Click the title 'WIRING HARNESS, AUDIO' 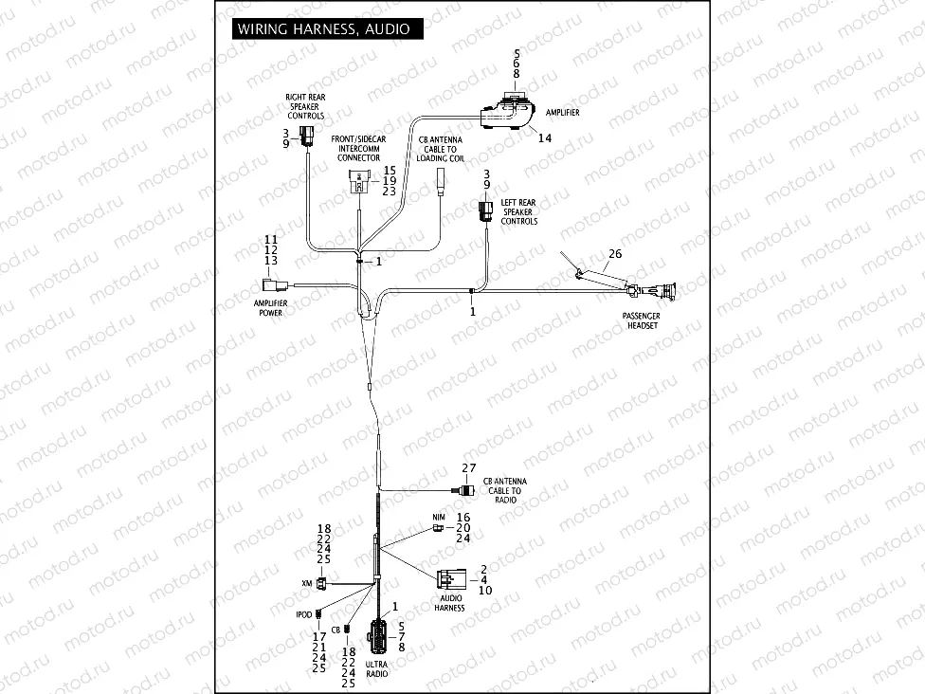[323, 29]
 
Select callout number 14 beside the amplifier [544, 138]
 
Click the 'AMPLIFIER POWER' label [270, 307]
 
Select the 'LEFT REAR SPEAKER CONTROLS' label [518, 211]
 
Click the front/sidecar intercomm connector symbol [360, 182]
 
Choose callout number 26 [615, 253]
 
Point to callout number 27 [468, 469]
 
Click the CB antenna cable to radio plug [466, 489]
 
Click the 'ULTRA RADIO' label [377, 668]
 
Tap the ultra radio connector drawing [378, 636]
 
